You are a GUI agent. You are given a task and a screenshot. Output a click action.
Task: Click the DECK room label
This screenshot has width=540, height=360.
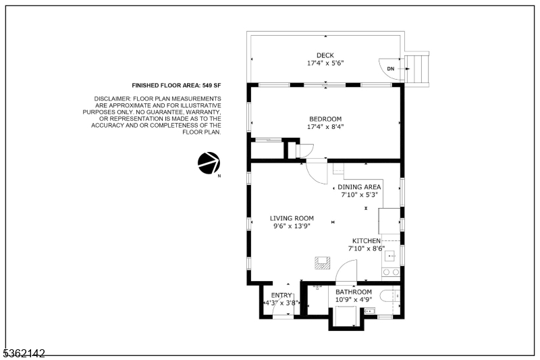point(325,55)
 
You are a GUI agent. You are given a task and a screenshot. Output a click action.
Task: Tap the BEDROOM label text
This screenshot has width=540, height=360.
point(325,119)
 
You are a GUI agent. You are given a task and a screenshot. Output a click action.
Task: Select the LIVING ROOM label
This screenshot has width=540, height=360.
point(292,218)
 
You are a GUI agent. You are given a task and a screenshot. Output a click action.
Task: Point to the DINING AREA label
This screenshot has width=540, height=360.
point(359,187)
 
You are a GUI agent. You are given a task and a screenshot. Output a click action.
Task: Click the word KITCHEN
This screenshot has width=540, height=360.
point(366,240)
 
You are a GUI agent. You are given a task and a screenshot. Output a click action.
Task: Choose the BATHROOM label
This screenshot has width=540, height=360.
point(354,292)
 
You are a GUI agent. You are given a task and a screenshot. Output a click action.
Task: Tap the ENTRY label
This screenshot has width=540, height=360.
point(281,295)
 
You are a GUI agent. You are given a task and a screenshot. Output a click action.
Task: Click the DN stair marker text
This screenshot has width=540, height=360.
point(390,69)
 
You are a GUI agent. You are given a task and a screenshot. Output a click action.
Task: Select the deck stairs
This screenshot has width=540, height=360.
point(418,68)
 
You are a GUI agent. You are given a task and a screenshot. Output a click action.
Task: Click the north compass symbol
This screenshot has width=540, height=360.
point(208,163)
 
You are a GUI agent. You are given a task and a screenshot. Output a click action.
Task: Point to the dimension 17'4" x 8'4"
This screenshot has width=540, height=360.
point(325,126)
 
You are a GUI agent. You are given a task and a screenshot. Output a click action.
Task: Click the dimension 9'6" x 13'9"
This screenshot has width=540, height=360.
point(292,226)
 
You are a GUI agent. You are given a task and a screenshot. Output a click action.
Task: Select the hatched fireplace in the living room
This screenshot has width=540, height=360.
point(320,262)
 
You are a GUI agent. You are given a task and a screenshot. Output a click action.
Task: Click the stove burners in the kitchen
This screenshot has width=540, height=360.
point(390,272)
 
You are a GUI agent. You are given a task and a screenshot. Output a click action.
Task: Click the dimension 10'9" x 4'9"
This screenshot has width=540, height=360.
point(354,299)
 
